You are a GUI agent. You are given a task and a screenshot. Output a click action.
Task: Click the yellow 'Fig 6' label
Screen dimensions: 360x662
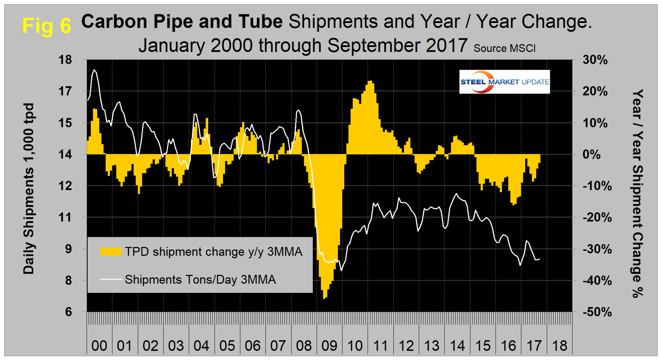point(46,26)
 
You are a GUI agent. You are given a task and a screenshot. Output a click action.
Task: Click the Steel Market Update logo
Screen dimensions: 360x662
point(504,82)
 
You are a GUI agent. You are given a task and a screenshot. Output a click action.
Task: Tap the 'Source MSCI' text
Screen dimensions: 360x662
point(504,49)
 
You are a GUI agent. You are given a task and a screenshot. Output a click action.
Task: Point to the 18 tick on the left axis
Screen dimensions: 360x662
point(65,60)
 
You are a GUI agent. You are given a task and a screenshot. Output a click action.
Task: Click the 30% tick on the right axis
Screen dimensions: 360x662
point(595,60)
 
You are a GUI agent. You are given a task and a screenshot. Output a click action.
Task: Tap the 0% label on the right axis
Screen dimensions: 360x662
point(592,154)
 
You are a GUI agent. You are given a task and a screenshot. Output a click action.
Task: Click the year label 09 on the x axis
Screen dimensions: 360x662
point(329,346)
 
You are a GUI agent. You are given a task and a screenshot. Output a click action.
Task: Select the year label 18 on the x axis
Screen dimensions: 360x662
point(559,346)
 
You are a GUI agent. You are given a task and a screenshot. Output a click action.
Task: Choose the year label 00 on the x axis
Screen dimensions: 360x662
point(99,346)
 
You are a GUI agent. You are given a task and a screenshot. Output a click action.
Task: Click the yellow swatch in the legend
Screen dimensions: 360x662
point(111,252)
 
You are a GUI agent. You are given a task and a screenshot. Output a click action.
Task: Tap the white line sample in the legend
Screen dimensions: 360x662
point(111,279)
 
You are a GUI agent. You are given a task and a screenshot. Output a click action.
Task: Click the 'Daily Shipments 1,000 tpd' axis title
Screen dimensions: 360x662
point(28,188)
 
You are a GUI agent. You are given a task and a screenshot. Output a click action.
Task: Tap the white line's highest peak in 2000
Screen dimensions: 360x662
point(94,70)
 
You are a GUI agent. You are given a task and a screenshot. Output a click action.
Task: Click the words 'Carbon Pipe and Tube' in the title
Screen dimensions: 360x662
point(182,21)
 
